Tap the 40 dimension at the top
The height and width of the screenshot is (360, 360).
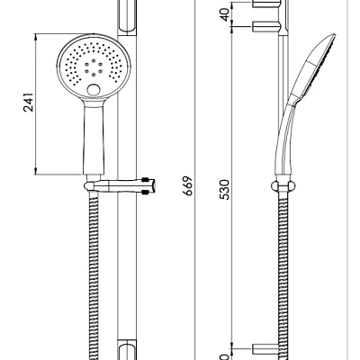point(225,13)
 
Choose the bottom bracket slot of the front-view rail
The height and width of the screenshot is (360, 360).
point(127,346)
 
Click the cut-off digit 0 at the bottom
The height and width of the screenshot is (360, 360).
point(225,354)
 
